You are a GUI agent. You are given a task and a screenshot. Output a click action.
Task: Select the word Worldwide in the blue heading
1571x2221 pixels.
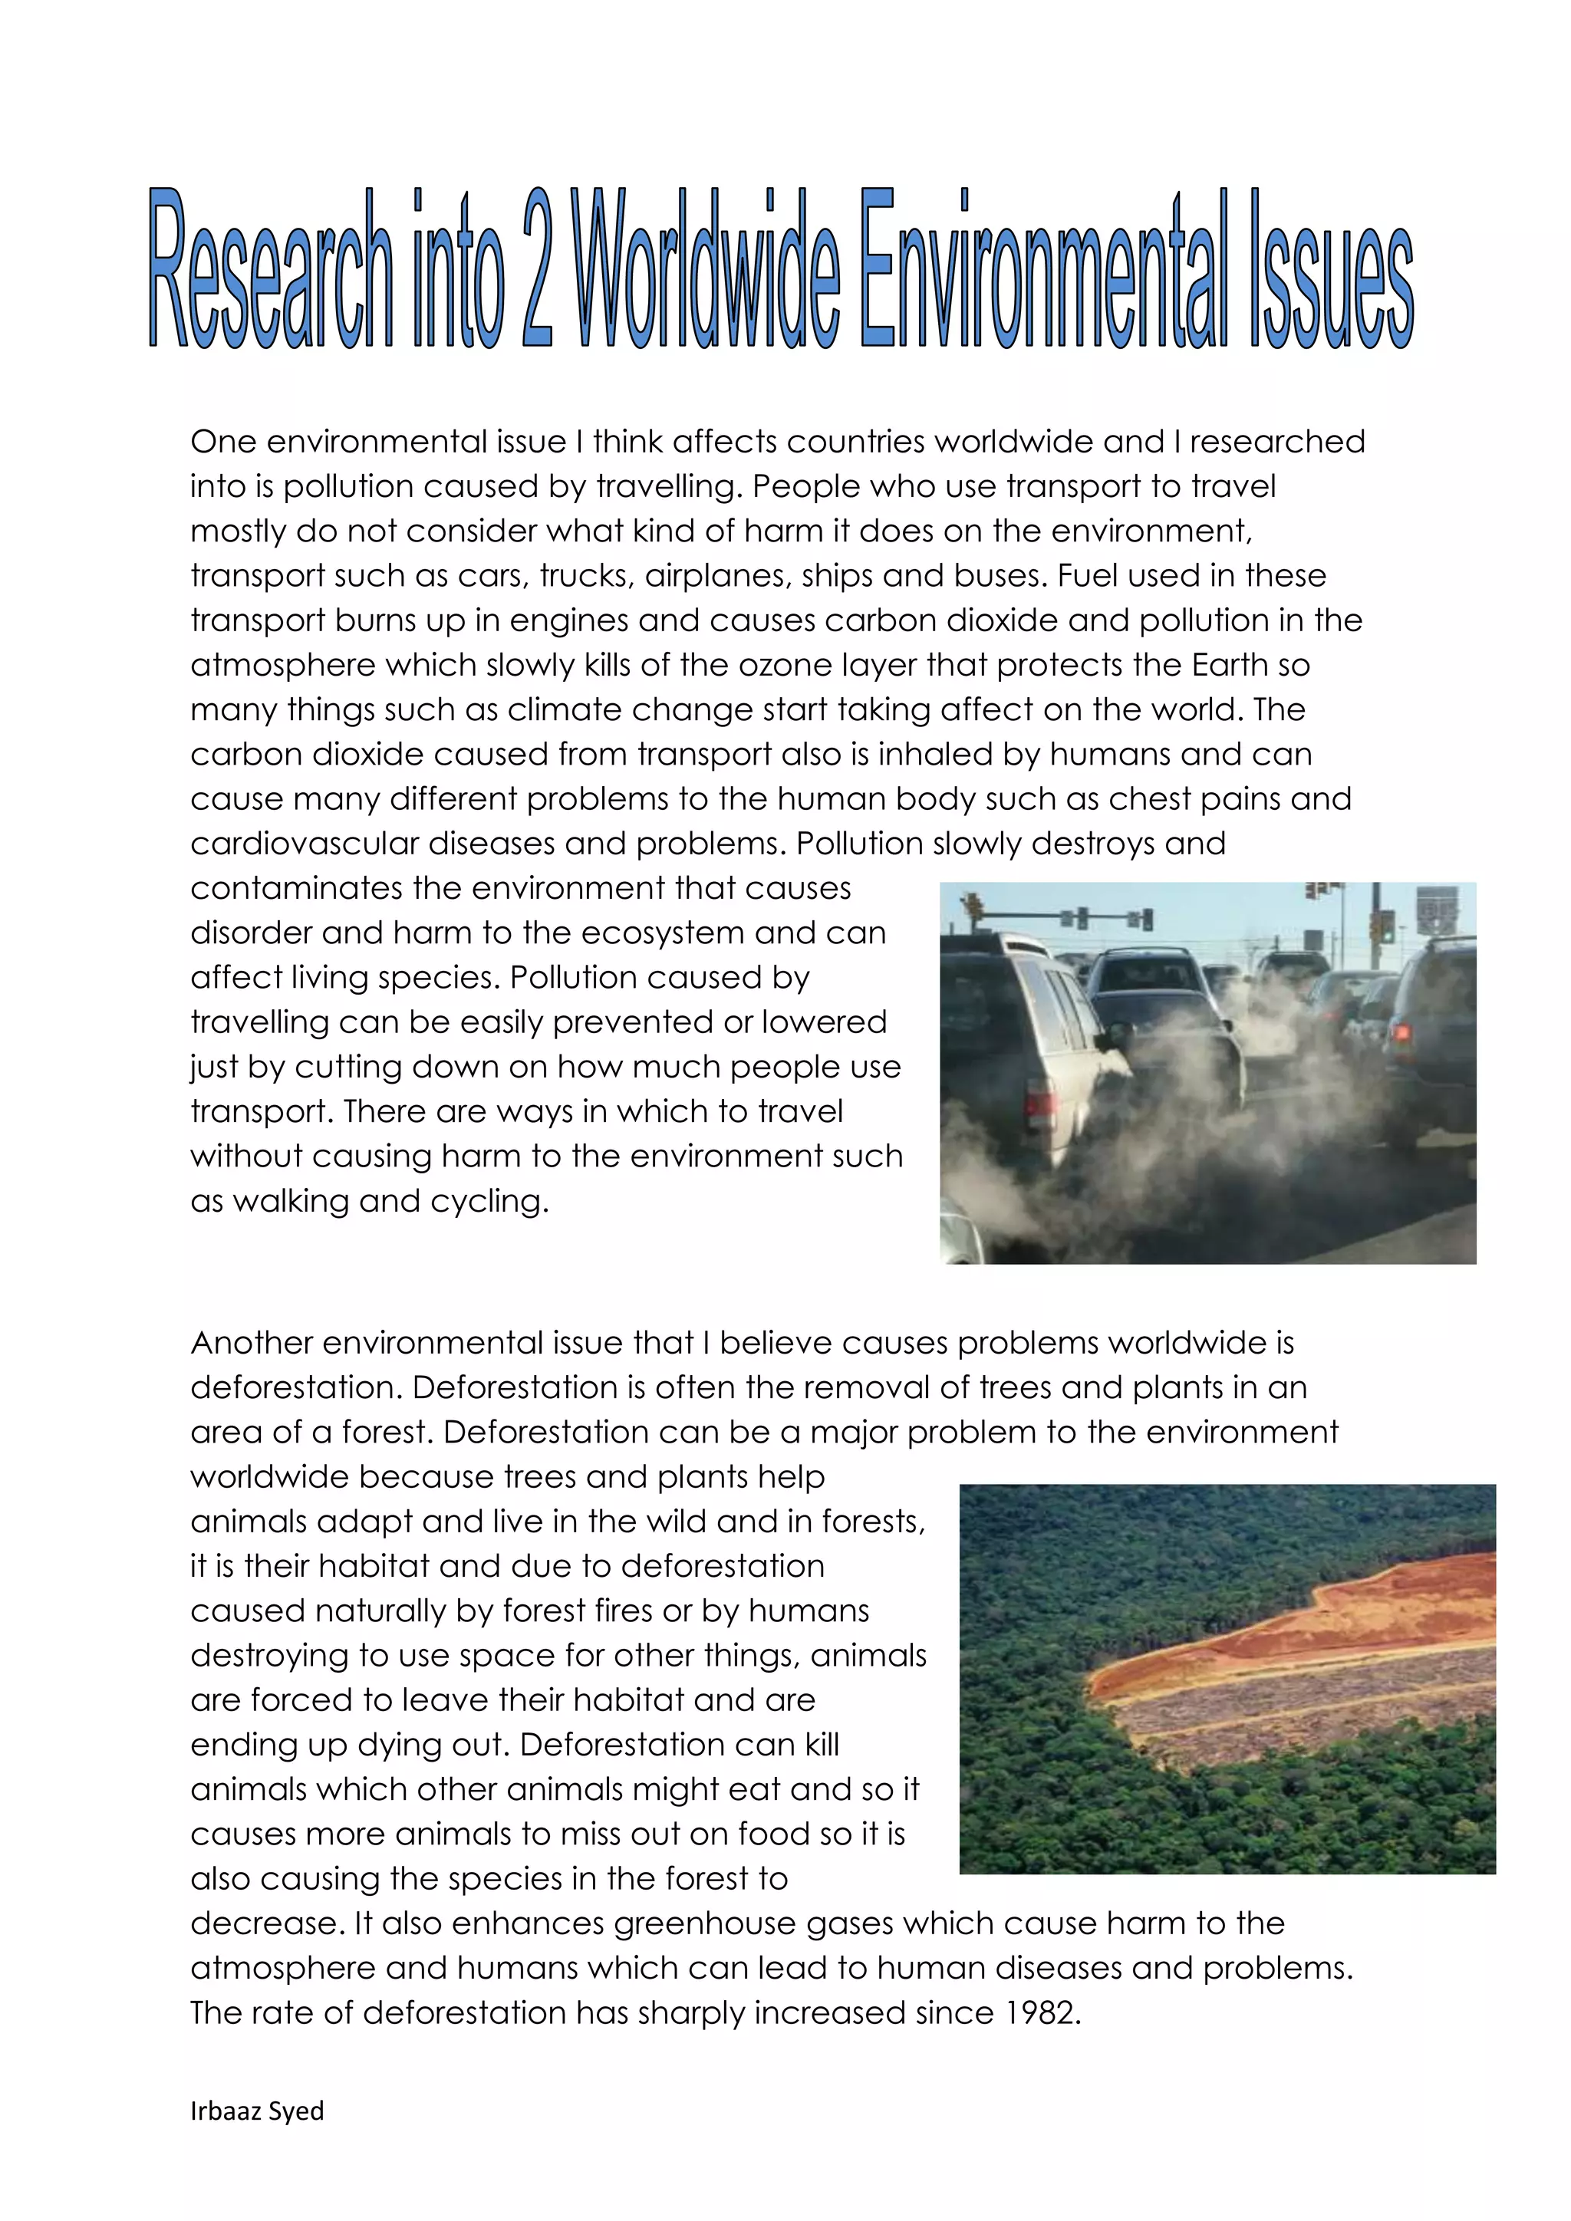[x=707, y=268]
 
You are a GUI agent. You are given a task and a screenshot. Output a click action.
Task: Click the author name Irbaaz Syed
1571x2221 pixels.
[x=257, y=2111]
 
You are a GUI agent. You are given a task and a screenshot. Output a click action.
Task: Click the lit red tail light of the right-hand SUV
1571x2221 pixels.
[x=1401, y=1032]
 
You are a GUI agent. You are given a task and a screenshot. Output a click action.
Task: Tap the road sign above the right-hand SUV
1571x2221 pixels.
[x=1437, y=910]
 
